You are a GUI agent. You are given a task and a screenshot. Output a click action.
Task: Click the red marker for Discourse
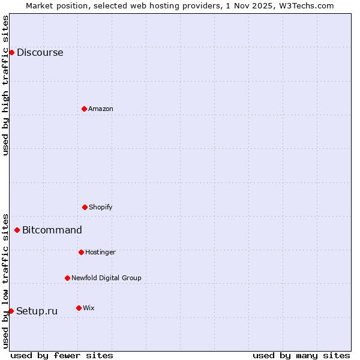(x=11, y=52)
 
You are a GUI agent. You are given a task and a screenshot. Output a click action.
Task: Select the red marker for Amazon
(x=84, y=109)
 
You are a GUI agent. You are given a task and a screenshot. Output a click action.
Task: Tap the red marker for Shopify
(x=85, y=207)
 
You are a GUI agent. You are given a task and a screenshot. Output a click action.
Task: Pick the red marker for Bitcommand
(x=17, y=230)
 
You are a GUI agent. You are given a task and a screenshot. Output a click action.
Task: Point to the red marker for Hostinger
(x=81, y=252)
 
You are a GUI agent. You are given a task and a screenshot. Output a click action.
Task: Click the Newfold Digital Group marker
(x=67, y=278)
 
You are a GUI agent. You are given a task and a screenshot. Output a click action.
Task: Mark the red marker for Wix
(x=79, y=308)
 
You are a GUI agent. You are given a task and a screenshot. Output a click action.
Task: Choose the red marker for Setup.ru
(x=11, y=311)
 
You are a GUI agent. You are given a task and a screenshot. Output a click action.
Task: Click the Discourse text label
(x=40, y=52)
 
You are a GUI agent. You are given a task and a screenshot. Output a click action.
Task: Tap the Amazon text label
(x=101, y=109)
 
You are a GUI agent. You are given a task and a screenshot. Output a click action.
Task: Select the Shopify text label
(x=101, y=207)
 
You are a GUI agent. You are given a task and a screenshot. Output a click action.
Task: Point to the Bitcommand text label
(x=52, y=230)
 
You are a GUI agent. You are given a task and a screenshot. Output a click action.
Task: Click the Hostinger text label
(x=100, y=252)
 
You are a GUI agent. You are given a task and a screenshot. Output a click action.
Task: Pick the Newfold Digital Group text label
(x=106, y=278)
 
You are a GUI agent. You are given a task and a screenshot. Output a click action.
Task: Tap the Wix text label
(x=89, y=308)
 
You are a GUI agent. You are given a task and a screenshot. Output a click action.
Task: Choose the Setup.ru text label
(x=37, y=311)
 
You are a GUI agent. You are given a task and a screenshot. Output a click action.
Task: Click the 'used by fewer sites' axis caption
(x=62, y=355)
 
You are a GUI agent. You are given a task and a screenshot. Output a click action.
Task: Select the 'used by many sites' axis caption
(x=301, y=355)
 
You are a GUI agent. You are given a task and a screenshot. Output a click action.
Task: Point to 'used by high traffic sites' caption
(x=5, y=85)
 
